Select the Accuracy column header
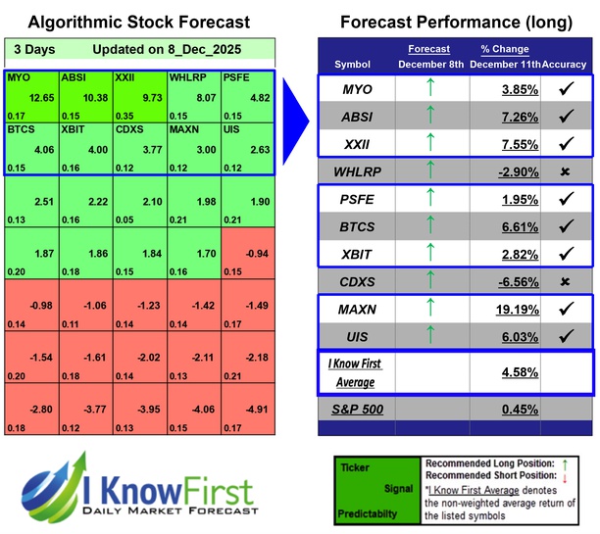click(x=565, y=64)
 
